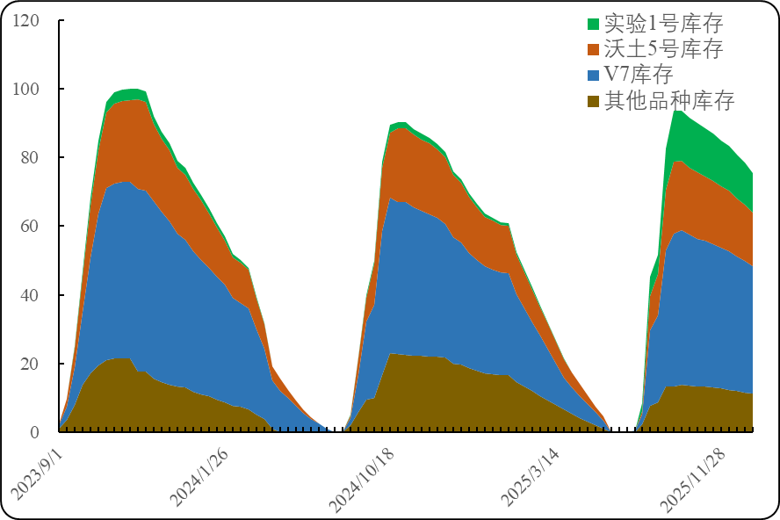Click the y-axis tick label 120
pos(26,20)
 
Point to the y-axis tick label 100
pos(26,89)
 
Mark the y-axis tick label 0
pos(34,432)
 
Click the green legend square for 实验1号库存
pos(593,24)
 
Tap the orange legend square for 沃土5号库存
pos(593,49)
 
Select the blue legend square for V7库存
pos(593,75)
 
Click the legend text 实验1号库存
pos(663,24)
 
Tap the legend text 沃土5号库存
pos(663,49)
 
